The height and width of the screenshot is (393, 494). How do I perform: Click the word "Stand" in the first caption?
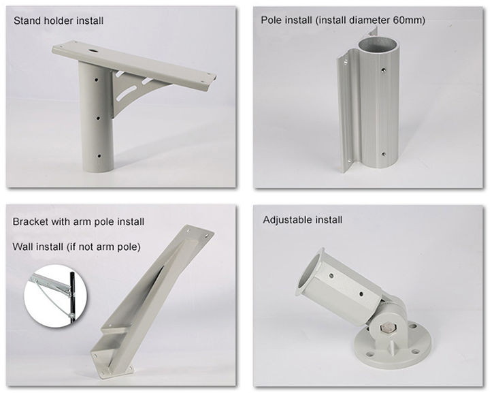pos(27,20)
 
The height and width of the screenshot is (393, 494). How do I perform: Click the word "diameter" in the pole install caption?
pos(364,20)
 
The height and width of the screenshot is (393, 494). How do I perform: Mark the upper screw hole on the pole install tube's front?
pos(384,69)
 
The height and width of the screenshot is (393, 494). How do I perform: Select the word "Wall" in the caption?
pos(24,246)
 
